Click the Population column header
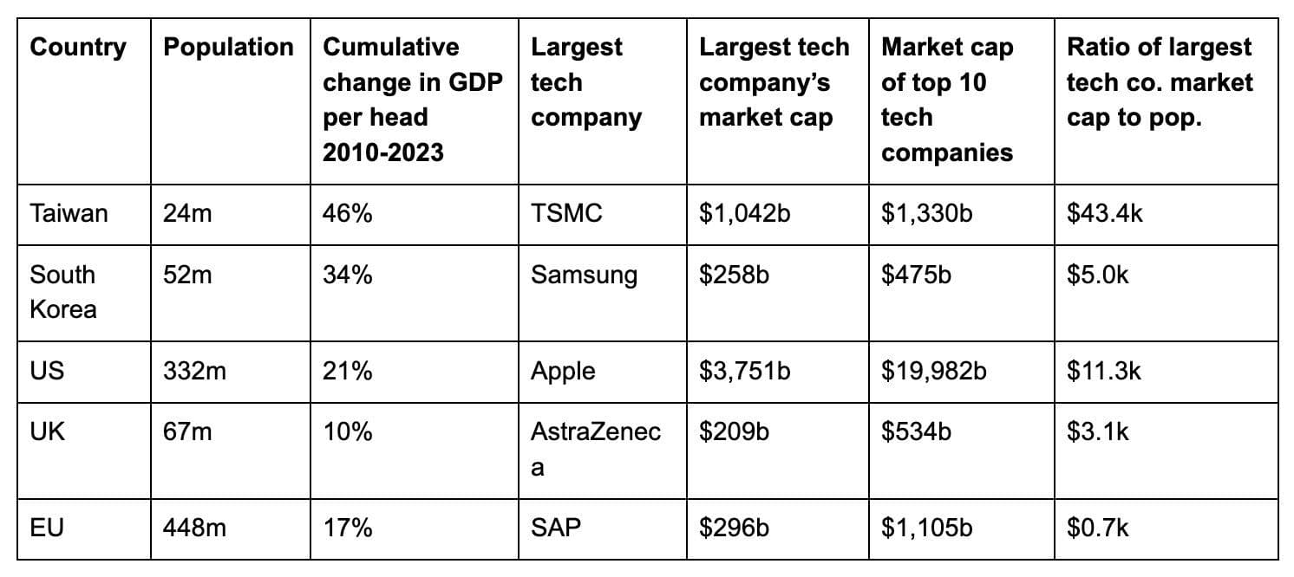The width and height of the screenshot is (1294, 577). [x=229, y=48]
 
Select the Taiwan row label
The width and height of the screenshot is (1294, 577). [x=69, y=213]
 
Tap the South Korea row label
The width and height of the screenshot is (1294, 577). [x=63, y=292]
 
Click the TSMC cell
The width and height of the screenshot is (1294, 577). [x=565, y=213]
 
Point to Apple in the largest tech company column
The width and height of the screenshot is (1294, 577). [x=563, y=371]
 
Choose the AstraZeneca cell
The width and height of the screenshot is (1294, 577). [x=595, y=449]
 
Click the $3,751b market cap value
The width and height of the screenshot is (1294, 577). [x=744, y=371]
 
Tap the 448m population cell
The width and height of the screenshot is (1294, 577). [x=194, y=527]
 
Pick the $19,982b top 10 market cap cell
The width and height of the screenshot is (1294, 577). [x=933, y=371]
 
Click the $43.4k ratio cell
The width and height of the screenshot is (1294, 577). [x=1104, y=213]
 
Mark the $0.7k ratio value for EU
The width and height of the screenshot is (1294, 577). [x=1097, y=527]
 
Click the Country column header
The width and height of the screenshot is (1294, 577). [x=78, y=48]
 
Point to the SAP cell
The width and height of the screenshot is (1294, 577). [x=555, y=527]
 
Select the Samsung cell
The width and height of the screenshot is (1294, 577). [x=583, y=276]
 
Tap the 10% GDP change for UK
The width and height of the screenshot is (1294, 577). [x=347, y=431]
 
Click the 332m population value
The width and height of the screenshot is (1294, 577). [x=194, y=371]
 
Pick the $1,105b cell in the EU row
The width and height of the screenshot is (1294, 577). [x=926, y=527]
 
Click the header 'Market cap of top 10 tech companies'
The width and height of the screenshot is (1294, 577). [x=946, y=100]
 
